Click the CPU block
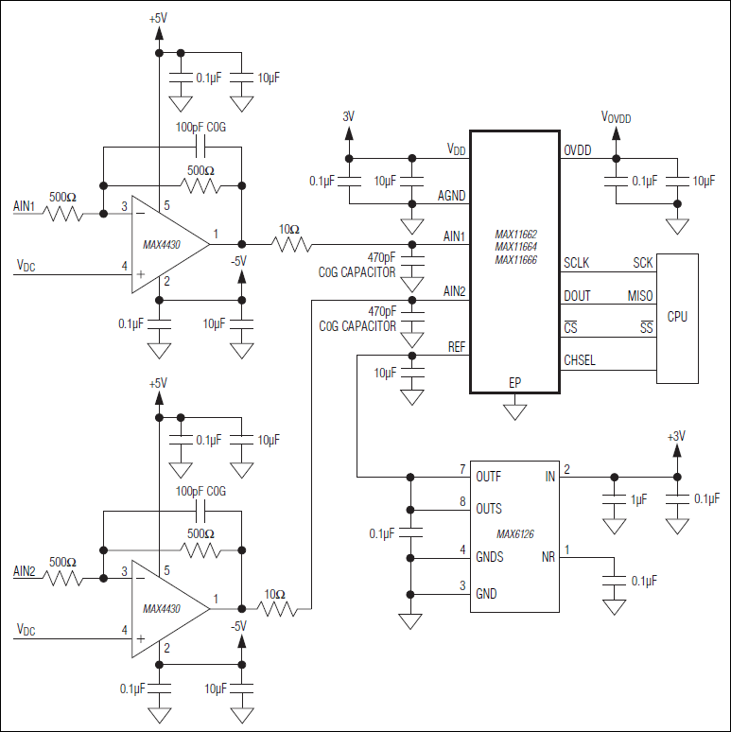677,318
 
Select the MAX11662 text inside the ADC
516,234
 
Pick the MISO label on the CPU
639,296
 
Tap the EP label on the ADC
514,383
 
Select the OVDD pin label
579,150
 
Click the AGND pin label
451,196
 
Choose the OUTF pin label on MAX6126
490,476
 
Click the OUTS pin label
490,509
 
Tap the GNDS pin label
490,557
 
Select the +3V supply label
676,436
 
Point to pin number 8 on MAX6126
462,502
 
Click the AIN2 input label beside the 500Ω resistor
24,570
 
